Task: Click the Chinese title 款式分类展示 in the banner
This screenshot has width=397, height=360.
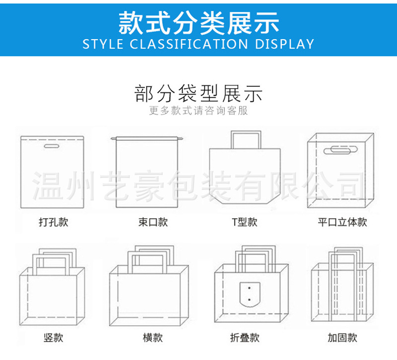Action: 198,22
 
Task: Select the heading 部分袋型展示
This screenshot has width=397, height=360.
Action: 198,93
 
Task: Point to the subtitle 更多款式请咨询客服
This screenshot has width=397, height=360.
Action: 198,111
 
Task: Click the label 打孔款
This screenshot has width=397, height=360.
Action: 53,222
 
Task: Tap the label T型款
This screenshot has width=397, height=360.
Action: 245,222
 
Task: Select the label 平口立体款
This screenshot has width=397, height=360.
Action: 342,222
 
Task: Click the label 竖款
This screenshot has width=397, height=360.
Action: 53,338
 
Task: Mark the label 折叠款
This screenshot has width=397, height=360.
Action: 245,338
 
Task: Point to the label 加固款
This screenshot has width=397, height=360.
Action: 342,338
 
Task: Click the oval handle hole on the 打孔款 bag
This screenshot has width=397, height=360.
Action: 51,147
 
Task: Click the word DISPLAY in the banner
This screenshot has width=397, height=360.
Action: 284,44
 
